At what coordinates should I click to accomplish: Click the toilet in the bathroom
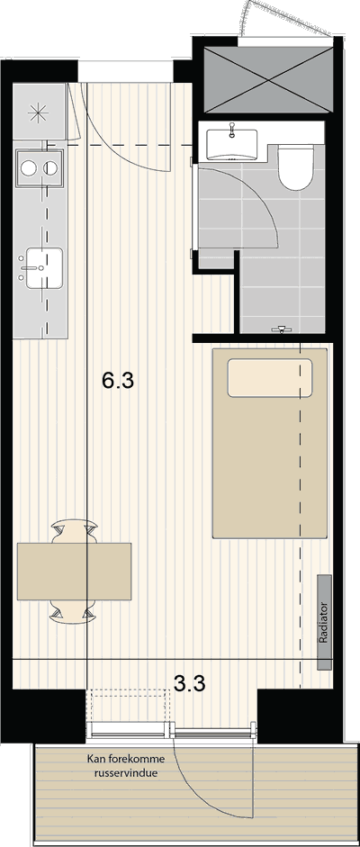tap(296, 167)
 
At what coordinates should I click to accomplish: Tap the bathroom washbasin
tap(232, 144)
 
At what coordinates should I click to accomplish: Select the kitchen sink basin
tap(45, 267)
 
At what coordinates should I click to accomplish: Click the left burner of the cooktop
tap(29, 168)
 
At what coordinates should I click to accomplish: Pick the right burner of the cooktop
tap(51, 168)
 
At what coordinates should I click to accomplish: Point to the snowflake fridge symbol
tap(39, 112)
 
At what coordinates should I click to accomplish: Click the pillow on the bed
tap(269, 377)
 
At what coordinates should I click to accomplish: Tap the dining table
tap(75, 571)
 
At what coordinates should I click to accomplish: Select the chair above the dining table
tap(75, 533)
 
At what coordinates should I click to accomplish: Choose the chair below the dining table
tap(75, 610)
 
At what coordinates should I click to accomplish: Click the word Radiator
tap(324, 622)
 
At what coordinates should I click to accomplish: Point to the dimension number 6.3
tap(118, 382)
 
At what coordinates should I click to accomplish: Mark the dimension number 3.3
tap(189, 684)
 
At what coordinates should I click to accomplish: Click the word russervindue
tap(126, 773)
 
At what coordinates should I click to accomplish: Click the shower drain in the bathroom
tap(280, 328)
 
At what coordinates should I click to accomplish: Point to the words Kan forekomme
tap(126, 760)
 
